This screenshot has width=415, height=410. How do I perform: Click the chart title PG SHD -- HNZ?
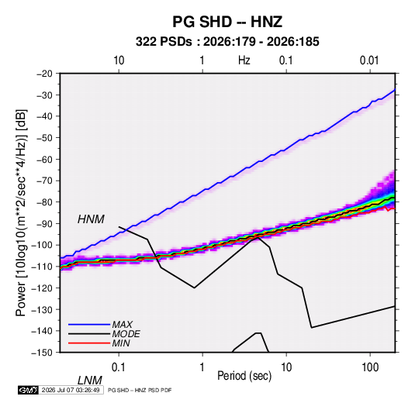227,22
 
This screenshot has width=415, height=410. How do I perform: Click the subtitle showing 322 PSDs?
227,42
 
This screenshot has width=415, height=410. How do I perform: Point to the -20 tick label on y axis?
44,74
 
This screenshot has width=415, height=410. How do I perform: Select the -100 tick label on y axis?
42,245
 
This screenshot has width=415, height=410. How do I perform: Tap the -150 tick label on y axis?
42,353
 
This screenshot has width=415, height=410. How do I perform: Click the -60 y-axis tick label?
44,159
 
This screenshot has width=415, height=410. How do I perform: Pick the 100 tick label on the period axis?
370,367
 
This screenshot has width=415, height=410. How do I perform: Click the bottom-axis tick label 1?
202,367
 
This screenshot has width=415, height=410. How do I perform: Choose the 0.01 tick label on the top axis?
369,60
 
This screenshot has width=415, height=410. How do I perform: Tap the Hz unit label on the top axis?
244,60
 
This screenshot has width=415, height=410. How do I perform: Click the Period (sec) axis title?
244,376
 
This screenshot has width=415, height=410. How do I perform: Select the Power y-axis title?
21,212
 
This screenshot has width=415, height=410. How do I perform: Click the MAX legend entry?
123,324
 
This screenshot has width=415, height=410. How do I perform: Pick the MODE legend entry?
126,334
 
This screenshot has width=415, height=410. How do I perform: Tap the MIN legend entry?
121,343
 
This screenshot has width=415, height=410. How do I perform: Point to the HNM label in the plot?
91,219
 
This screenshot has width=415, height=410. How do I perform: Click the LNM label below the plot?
90,381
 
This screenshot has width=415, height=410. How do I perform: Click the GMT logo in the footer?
29,390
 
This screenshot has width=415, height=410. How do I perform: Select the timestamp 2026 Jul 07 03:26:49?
71,390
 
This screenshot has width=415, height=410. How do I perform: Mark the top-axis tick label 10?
119,60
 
